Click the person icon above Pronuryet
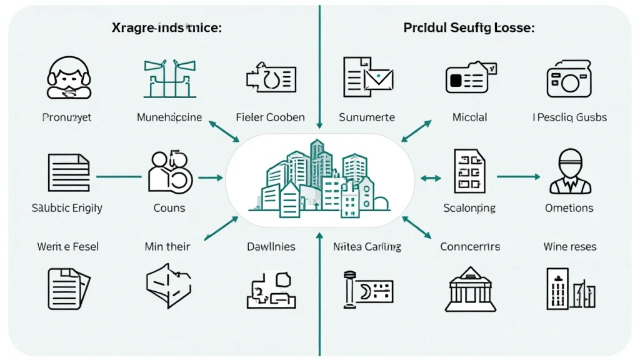tap(69, 78)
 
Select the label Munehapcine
tap(169, 117)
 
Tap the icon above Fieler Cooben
tap(271, 78)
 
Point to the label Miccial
tap(469, 117)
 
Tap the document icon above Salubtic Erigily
tap(69, 172)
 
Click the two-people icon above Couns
tap(169, 172)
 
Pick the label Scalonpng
tap(469, 207)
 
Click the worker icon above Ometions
tap(569, 172)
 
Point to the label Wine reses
tap(569, 247)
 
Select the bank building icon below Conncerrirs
tap(469, 289)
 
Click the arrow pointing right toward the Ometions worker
tap(519, 177)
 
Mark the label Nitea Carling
tap(367, 247)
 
